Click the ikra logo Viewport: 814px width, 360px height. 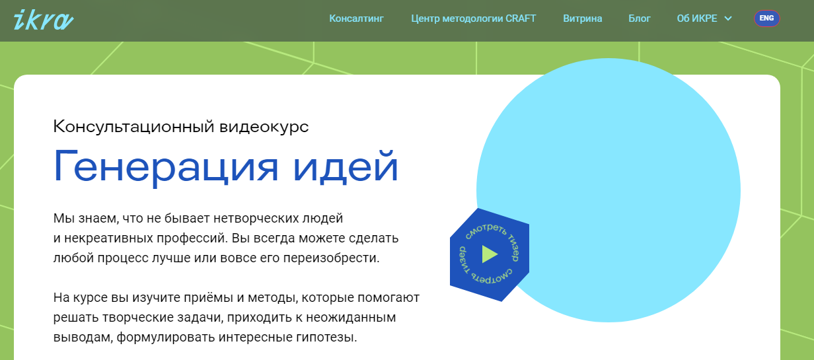44,20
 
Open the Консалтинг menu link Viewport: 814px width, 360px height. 356,18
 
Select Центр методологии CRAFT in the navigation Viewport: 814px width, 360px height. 473,18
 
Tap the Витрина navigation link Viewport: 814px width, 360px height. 583,18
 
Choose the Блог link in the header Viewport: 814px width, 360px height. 640,18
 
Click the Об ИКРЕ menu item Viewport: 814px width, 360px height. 697,18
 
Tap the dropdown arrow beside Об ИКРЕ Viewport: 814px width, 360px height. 728,18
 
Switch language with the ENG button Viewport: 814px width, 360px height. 766,18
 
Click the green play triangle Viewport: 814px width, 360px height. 489,254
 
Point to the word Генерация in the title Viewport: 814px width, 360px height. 166,168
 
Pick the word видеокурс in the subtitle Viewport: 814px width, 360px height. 264,127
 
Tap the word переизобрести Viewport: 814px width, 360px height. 331,258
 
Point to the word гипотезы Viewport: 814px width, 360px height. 326,338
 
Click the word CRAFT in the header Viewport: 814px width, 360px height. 521,18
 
